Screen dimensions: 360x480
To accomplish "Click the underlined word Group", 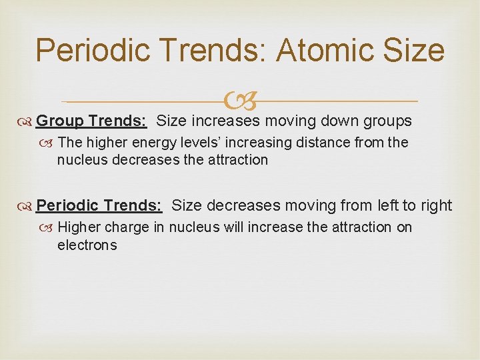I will (59, 121).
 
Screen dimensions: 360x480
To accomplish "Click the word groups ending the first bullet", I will (388, 121).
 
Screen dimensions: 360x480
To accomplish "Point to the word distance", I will (323, 142).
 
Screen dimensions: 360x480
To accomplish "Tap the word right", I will (435, 205).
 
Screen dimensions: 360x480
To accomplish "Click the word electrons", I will (87, 245).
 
